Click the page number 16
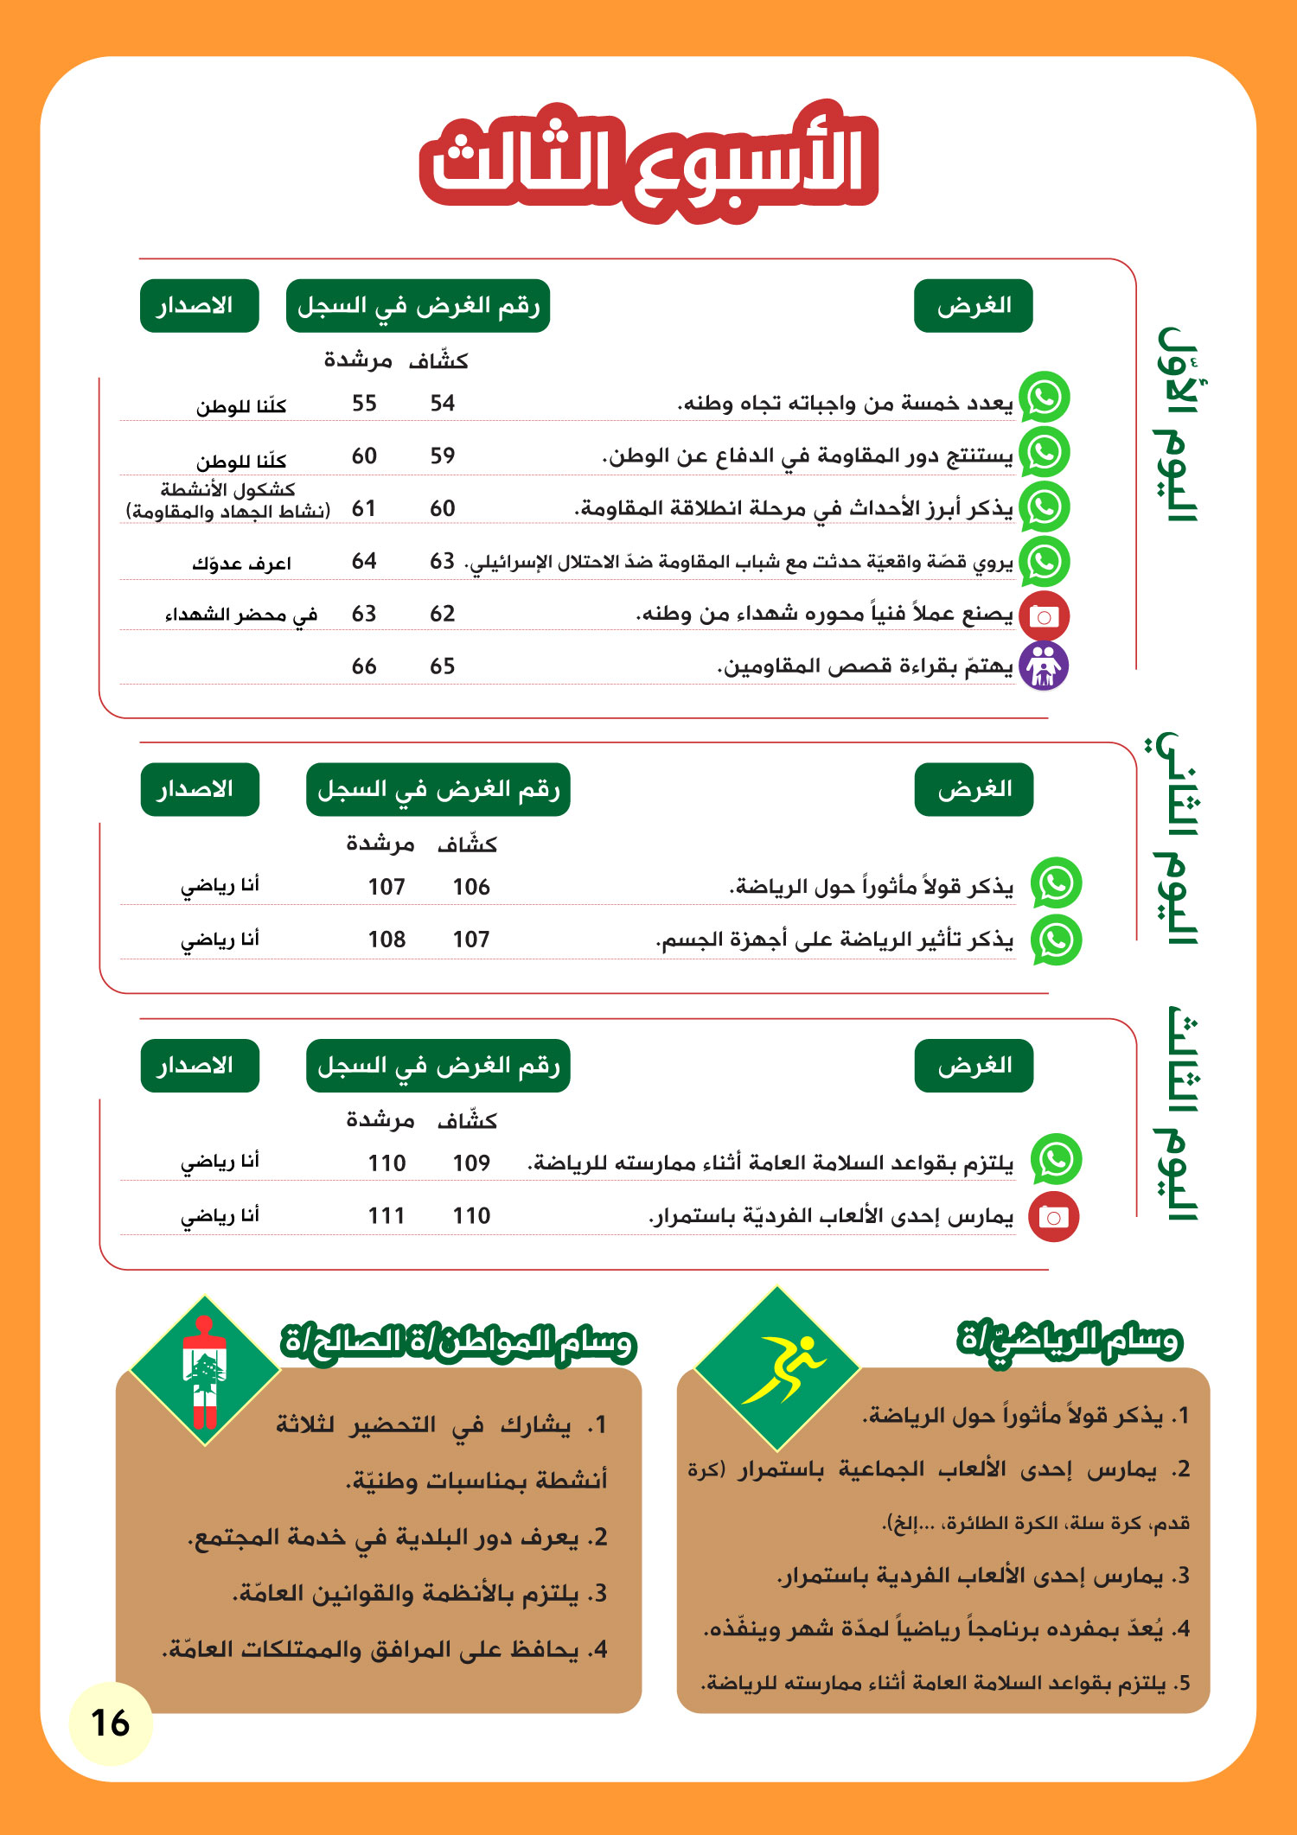point(110,1723)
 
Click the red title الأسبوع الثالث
point(649,163)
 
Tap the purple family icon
point(1044,666)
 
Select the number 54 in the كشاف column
point(443,403)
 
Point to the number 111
point(386,1216)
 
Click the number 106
point(471,887)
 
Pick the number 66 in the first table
point(364,666)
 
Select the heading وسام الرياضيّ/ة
point(1069,1341)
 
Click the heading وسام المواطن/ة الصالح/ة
point(458,1342)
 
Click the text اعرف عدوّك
point(241,564)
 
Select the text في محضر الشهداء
point(241,615)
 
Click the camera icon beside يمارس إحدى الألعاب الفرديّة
point(1053,1217)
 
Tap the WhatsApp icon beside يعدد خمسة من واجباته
point(1045,398)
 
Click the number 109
point(471,1163)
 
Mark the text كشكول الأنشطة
point(227,490)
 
